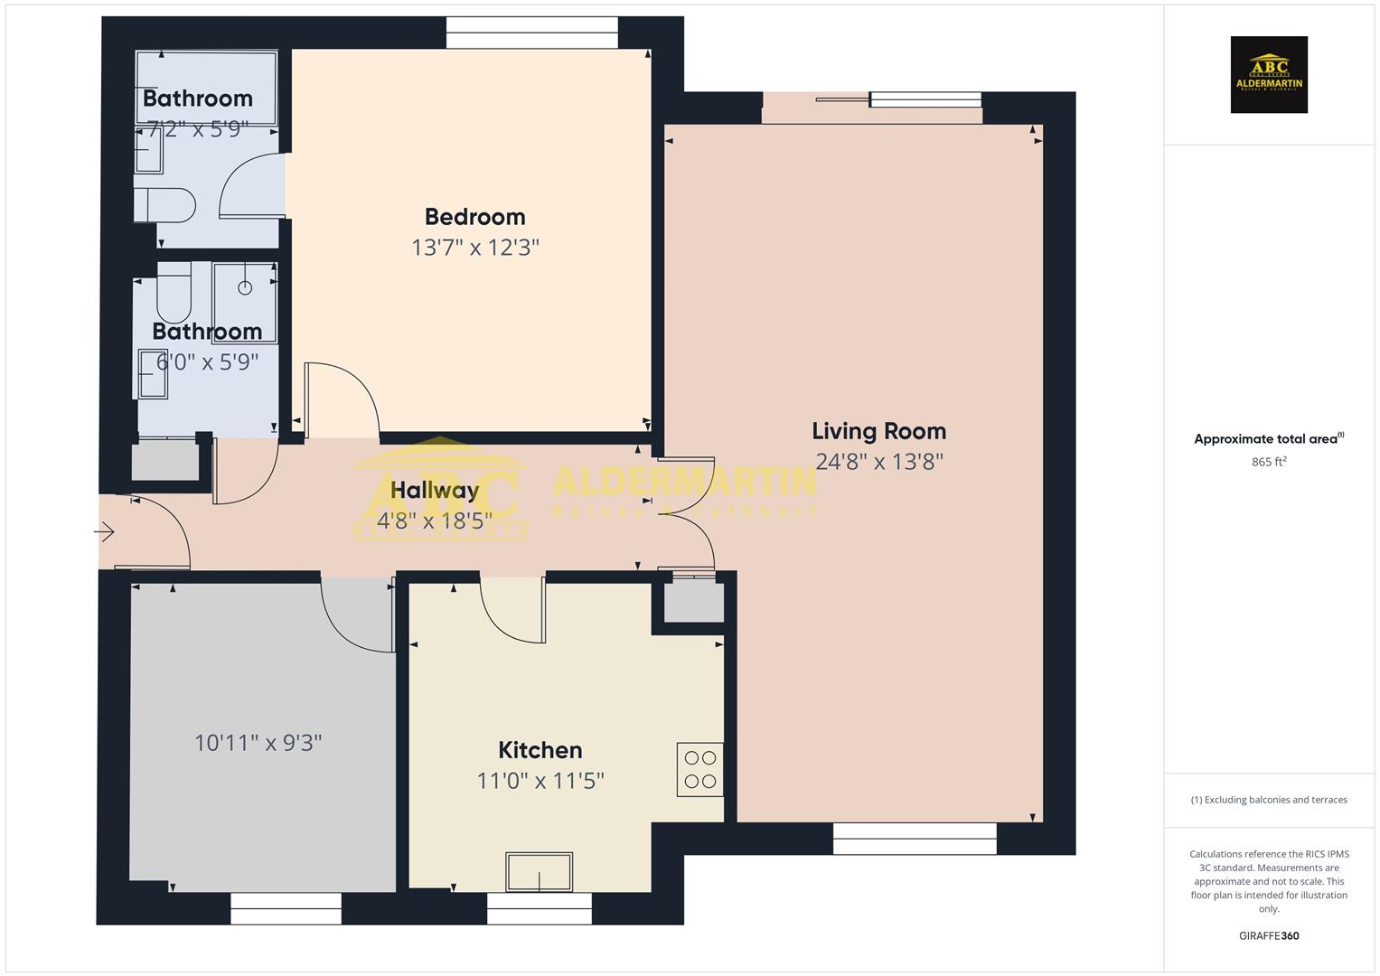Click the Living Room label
pos(878,431)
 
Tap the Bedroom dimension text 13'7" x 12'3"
pos(475,247)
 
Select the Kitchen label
pos(540,750)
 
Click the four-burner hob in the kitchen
pos(699,769)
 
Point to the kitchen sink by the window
pos(539,871)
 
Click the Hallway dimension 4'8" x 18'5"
pos(434,521)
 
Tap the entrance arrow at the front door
pos(105,532)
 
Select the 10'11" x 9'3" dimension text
pos(258,743)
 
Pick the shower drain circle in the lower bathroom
pos(244,288)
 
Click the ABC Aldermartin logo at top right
pos(1269,75)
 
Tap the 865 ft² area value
pos(1269,462)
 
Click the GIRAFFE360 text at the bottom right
pos(1269,936)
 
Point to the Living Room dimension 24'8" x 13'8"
pos(878,462)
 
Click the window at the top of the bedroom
pos(532,33)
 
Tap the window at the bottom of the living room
pos(915,839)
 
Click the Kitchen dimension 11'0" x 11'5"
pos(540,780)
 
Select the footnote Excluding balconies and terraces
pos(1269,800)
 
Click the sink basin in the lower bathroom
pos(153,374)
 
